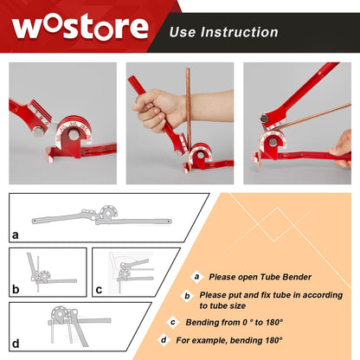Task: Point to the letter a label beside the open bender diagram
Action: pos(16,234)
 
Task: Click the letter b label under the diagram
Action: pos(16,290)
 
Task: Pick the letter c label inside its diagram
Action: pos(98,289)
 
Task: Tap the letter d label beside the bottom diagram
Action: pos(16,344)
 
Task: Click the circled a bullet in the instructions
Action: pos(197,277)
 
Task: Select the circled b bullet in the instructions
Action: pos(186,295)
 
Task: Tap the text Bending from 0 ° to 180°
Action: pos(234,323)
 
